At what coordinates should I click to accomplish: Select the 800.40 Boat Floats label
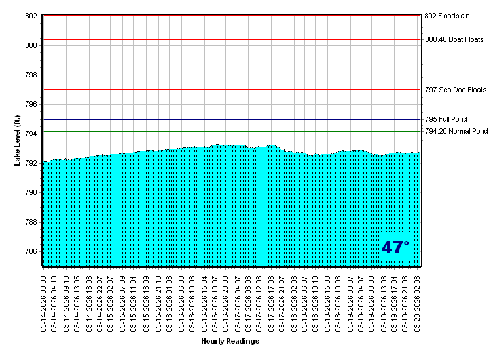pos(454,39)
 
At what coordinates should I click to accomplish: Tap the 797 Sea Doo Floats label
pos(456,90)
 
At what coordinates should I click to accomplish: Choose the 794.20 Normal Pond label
pos(456,131)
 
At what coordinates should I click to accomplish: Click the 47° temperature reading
pos(395,247)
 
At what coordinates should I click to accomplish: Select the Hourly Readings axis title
pos(230,341)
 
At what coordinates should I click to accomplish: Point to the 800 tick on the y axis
pos(31,45)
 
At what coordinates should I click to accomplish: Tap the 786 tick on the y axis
pos(31,252)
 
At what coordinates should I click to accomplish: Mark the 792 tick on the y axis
pos(31,164)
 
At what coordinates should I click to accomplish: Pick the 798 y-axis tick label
pos(31,75)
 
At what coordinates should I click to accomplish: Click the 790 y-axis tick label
pos(31,193)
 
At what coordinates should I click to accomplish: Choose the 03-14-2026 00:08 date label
pos(44,301)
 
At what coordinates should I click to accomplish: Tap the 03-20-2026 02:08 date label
pos(418,301)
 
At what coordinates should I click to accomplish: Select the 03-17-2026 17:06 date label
pos(271,301)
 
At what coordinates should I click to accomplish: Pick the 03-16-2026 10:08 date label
pos(192,301)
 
